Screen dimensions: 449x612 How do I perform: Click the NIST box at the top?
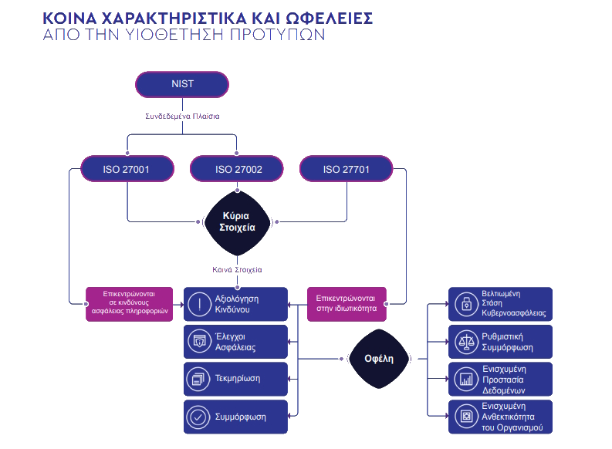click(x=182, y=84)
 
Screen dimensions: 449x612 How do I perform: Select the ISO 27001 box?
click(x=127, y=169)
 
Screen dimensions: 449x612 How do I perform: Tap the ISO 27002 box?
click(x=237, y=169)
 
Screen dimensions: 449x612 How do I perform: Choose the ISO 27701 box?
click(x=347, y=169)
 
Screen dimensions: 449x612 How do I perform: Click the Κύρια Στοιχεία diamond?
click(x=237, y=222)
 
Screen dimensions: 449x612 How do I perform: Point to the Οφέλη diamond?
click(x=379, y=359)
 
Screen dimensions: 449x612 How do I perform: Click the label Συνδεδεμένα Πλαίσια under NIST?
click(x=183, y=116)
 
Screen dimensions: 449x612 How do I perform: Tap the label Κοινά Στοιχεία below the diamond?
click(x=237, y=270)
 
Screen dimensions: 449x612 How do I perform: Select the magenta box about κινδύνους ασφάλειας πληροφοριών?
click(x=130, y=304)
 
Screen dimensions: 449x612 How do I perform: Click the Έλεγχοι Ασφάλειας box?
click(x=236, y=342)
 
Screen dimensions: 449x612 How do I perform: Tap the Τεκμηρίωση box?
click(x=236, y=379)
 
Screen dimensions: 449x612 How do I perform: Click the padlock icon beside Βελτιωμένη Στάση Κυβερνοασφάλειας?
click(x=465, y=304)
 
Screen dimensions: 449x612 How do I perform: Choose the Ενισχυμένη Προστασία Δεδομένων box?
click(x=501, y=379)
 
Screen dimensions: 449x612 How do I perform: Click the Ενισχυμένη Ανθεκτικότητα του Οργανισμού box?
click(x=501, y=417)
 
